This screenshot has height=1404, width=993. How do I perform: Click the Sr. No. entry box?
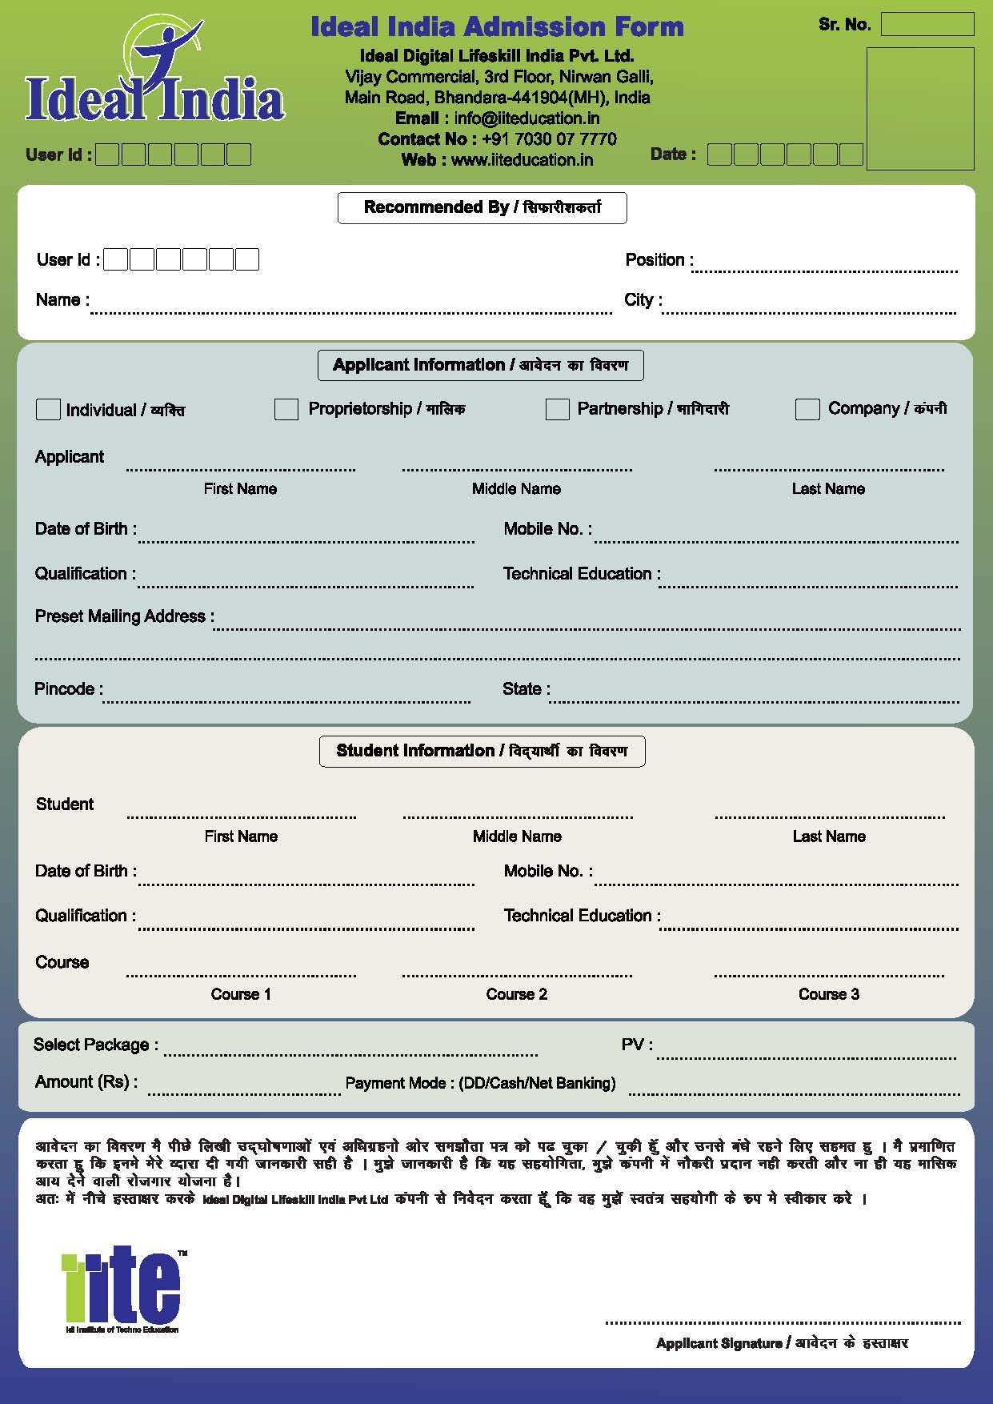pyautogui.click(x=927, y=25)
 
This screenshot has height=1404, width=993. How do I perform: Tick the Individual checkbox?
pyautogui.click(x=48, y=409)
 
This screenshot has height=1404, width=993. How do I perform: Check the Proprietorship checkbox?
pyautogui.click(x=286, y=409)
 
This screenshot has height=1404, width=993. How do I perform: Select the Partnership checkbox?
pyautogui.click(x=557, y=409)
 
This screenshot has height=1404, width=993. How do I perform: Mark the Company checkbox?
pyautogui.click(x=807, y=409)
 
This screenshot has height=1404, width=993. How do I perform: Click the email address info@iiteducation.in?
pyautogui.click(x=527, y=118)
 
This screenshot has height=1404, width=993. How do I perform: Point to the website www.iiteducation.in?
pyautogui.click(x=522, y=160)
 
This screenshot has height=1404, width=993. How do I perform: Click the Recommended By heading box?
pyautogui.click(x=482, y=208)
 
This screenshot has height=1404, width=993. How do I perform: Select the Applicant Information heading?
pyautogui.click(x=481, y=366)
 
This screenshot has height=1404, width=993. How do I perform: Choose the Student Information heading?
pyautogui.click(x=482, y=752)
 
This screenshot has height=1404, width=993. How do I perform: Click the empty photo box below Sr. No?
pyautogui.click(x=920, y=109)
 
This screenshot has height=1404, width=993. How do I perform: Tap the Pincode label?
pyautogui.click(x=67, y=689)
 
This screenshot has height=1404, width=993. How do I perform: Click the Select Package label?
pyautogui.click(x=95, y=1045)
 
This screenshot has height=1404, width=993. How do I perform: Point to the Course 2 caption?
pyautogui.click(x=517, y=994)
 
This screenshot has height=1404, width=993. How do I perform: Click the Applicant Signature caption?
pyautogui.click(x=782, y=1343)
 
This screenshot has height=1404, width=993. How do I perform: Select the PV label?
pyautogui.click(x=637, y=1045)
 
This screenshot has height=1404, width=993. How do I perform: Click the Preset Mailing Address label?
pyautogui.click(x=124, y=616)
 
